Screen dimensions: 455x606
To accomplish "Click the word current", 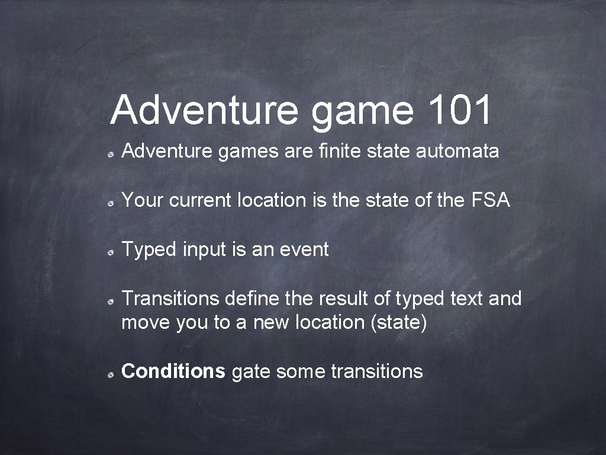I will click(201, 201).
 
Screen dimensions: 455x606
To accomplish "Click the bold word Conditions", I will click(173, 371).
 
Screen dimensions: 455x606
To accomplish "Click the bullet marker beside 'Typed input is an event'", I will click(111, 252).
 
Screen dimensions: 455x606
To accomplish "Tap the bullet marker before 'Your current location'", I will click(111, 203).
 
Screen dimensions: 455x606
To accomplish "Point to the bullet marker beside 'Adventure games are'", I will click(111, 153).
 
